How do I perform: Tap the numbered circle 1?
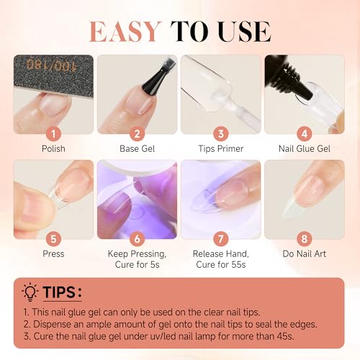(53, 133)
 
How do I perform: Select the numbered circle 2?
(138, 133)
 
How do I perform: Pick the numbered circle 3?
(222, 133)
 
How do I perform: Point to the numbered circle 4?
(306, 133)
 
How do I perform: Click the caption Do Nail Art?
(306, 253)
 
